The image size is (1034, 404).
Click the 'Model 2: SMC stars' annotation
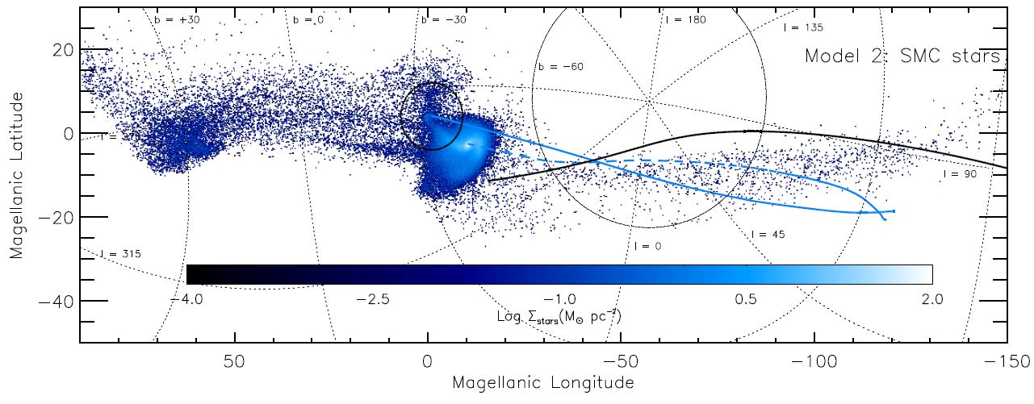(902, 56)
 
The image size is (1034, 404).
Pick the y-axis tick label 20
(59, 50)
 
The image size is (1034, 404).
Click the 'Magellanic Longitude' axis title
(543, 381)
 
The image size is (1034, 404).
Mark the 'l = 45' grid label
(768, 235)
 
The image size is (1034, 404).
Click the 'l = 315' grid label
(120, 254)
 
